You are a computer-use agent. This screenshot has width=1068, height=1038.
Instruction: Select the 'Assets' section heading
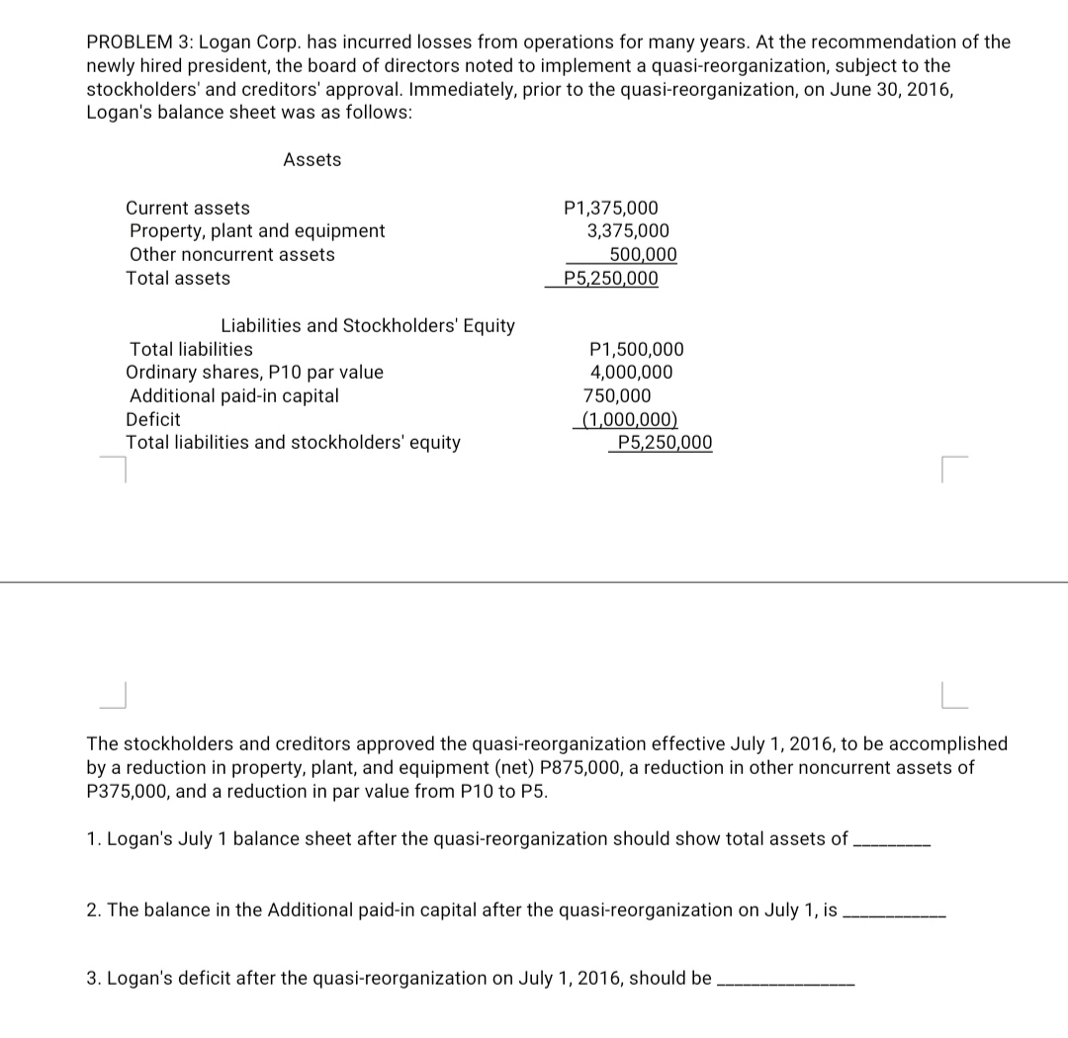point(311,159)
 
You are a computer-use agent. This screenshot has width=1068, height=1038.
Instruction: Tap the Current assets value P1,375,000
point(609,209)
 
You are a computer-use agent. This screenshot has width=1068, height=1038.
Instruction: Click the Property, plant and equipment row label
point(257,231)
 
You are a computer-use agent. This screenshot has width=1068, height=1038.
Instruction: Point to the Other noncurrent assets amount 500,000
point(643,255)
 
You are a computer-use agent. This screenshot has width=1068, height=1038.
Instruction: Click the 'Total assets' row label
point(178,279)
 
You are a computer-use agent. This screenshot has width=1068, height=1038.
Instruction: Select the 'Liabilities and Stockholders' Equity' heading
point(367,325)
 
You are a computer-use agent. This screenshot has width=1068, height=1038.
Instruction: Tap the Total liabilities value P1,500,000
point(635,350)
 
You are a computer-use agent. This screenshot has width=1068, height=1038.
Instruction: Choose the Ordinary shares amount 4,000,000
point(631,373)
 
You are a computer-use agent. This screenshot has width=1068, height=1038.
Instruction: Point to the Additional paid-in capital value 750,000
point(617,396)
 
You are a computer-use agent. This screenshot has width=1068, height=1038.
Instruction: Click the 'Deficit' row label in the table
point(153,419)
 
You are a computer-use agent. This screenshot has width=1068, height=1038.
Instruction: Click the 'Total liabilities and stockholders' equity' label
point(293,443)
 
